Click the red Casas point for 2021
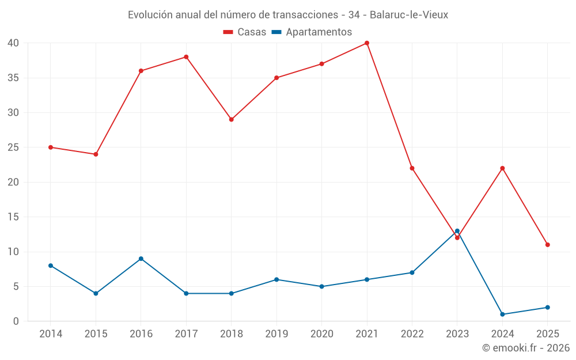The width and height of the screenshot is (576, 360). (367, 43)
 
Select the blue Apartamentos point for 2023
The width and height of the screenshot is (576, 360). (457, 231)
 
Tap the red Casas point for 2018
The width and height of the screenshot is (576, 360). (231, 120)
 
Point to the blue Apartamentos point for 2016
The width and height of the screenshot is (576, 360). (141, 259)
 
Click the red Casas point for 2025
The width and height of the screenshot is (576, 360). (548, 245)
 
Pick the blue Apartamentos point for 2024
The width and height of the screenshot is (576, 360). (502, 314)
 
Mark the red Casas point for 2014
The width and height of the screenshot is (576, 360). (51, 147)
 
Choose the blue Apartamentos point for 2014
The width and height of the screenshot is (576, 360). (51, 266)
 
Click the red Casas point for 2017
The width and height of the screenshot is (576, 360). (186, 57)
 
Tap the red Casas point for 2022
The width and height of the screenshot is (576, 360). (412, 168)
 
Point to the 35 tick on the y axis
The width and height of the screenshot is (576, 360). (13, 78)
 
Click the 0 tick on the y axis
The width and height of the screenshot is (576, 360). (16, 321)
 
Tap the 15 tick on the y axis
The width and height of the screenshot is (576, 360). (13, 217)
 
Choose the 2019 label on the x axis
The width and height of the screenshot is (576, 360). (276, 334)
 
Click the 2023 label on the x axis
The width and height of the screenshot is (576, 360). (457, 334)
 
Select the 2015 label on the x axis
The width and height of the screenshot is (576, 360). (96, 334)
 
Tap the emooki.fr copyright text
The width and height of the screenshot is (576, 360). (525, 348)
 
